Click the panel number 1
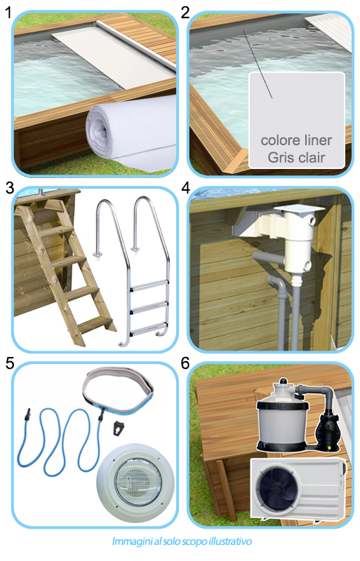point(8,11)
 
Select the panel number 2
point(185,11)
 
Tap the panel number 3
point(8,188)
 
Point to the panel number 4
point(185,188)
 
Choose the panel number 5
point(8,364)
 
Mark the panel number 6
point(185,364)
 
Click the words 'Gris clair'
point(297,157)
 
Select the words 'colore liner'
point(297,140)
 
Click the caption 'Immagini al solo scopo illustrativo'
point(181,542)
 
